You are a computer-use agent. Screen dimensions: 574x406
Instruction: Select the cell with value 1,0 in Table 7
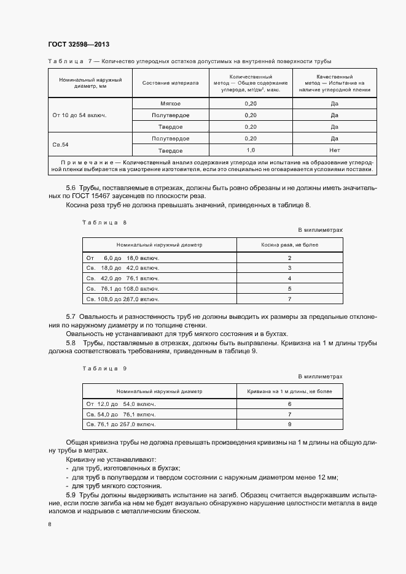point(250,150)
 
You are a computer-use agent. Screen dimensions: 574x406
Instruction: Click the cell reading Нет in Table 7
point(335,150)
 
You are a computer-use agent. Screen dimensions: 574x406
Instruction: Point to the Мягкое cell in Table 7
point(170,104)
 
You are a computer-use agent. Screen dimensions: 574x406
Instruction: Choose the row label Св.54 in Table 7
point(61,145)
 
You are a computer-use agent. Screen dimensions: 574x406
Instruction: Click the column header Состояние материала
point(170,83)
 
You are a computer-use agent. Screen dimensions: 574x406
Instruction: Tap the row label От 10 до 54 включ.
point(79,115)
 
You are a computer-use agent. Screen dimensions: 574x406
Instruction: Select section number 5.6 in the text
point(70,187)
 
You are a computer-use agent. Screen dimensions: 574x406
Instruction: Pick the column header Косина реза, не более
point(289,245)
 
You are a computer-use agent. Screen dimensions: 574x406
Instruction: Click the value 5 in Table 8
point(289,288)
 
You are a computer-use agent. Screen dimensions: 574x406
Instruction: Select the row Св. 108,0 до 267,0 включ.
point(122,299)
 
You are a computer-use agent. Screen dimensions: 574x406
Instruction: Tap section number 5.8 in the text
point(70,342)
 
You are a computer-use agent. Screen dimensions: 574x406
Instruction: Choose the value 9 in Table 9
point(289,424)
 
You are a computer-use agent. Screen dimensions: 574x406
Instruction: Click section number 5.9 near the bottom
point(70,494)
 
